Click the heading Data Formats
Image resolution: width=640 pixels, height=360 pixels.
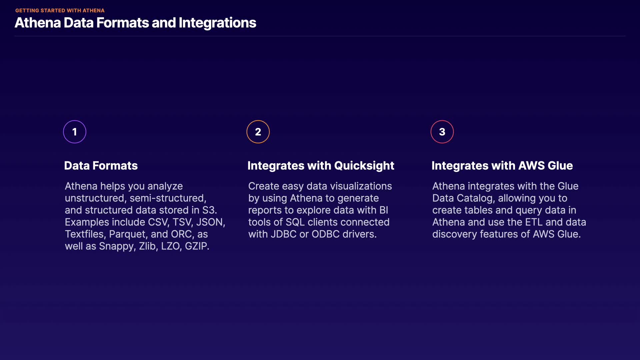tap(101, 166)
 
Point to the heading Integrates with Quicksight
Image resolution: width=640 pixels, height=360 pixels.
tap(321, 166)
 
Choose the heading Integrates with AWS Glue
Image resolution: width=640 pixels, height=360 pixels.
tap(502, 166)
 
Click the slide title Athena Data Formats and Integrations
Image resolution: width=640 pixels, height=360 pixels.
tap(135, 23)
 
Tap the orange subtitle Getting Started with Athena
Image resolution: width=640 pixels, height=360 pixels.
tap(60, 11)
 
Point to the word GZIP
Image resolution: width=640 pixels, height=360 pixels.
tap(197, 246)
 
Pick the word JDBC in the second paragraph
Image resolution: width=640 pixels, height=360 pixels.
tap(283, 234)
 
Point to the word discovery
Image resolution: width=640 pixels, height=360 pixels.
tap(455, 234)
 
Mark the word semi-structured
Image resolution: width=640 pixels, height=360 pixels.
tap(168, 198)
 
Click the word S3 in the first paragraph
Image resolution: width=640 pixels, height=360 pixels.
tap(209, 210)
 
